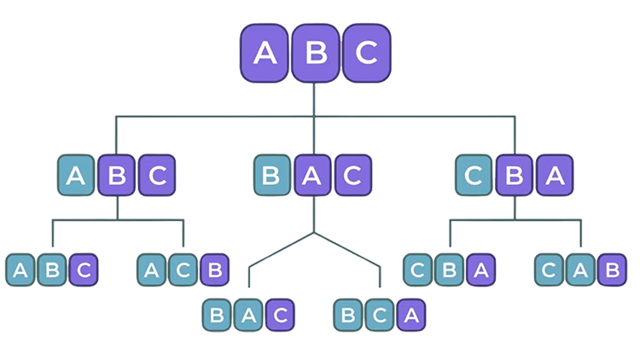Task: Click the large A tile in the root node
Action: [266, 53]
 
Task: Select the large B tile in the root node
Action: [316, 53]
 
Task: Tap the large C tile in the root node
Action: [365, 53]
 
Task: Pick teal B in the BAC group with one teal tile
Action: [272, 177]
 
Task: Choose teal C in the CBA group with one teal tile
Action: [474, 177]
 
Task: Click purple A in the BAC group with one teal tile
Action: [313, 177]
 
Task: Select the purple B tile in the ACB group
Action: [215, 271]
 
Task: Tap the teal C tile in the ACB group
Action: [183, 271]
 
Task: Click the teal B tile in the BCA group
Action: [349, 315]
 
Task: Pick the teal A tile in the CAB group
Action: [579, 271]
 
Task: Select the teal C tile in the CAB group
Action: [548, 271]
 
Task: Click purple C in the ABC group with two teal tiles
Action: [84, 271]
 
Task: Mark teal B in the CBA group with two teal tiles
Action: [450, 271]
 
